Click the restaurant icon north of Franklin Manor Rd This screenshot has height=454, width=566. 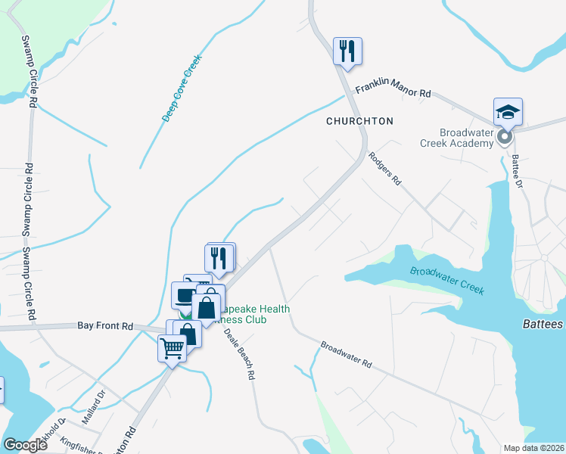(x=348, y=51)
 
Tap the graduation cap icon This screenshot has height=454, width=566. (x=508, y=112)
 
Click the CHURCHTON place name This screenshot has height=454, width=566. (x=359, y=121)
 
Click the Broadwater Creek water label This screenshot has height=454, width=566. (x=447, y=281)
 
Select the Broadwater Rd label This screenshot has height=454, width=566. (x=346, y=354)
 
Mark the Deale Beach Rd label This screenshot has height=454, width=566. (x=240, y=355)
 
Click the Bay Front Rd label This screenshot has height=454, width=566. (x=105, y=326)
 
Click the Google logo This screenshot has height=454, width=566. (x=25, y=446)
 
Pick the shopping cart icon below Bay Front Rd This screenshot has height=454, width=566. (x=172, y=350)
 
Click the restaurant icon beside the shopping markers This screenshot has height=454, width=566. (x=219, y=257)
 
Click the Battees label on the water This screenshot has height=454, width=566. (x=543, y=324)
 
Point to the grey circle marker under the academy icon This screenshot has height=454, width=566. (x=505, y=137)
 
